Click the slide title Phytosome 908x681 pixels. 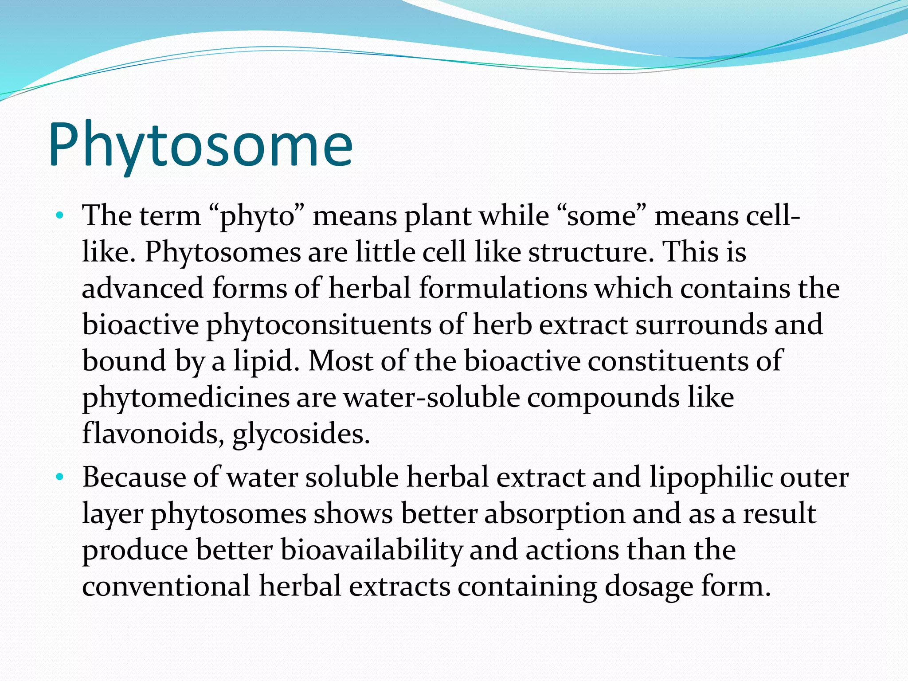click(200, 145)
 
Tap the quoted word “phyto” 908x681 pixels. click(256, 217)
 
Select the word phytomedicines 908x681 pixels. click(186, 398)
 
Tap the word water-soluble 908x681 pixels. click(432, 398)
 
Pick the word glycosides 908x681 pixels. click(301, 434)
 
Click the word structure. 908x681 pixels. click(591, 253)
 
